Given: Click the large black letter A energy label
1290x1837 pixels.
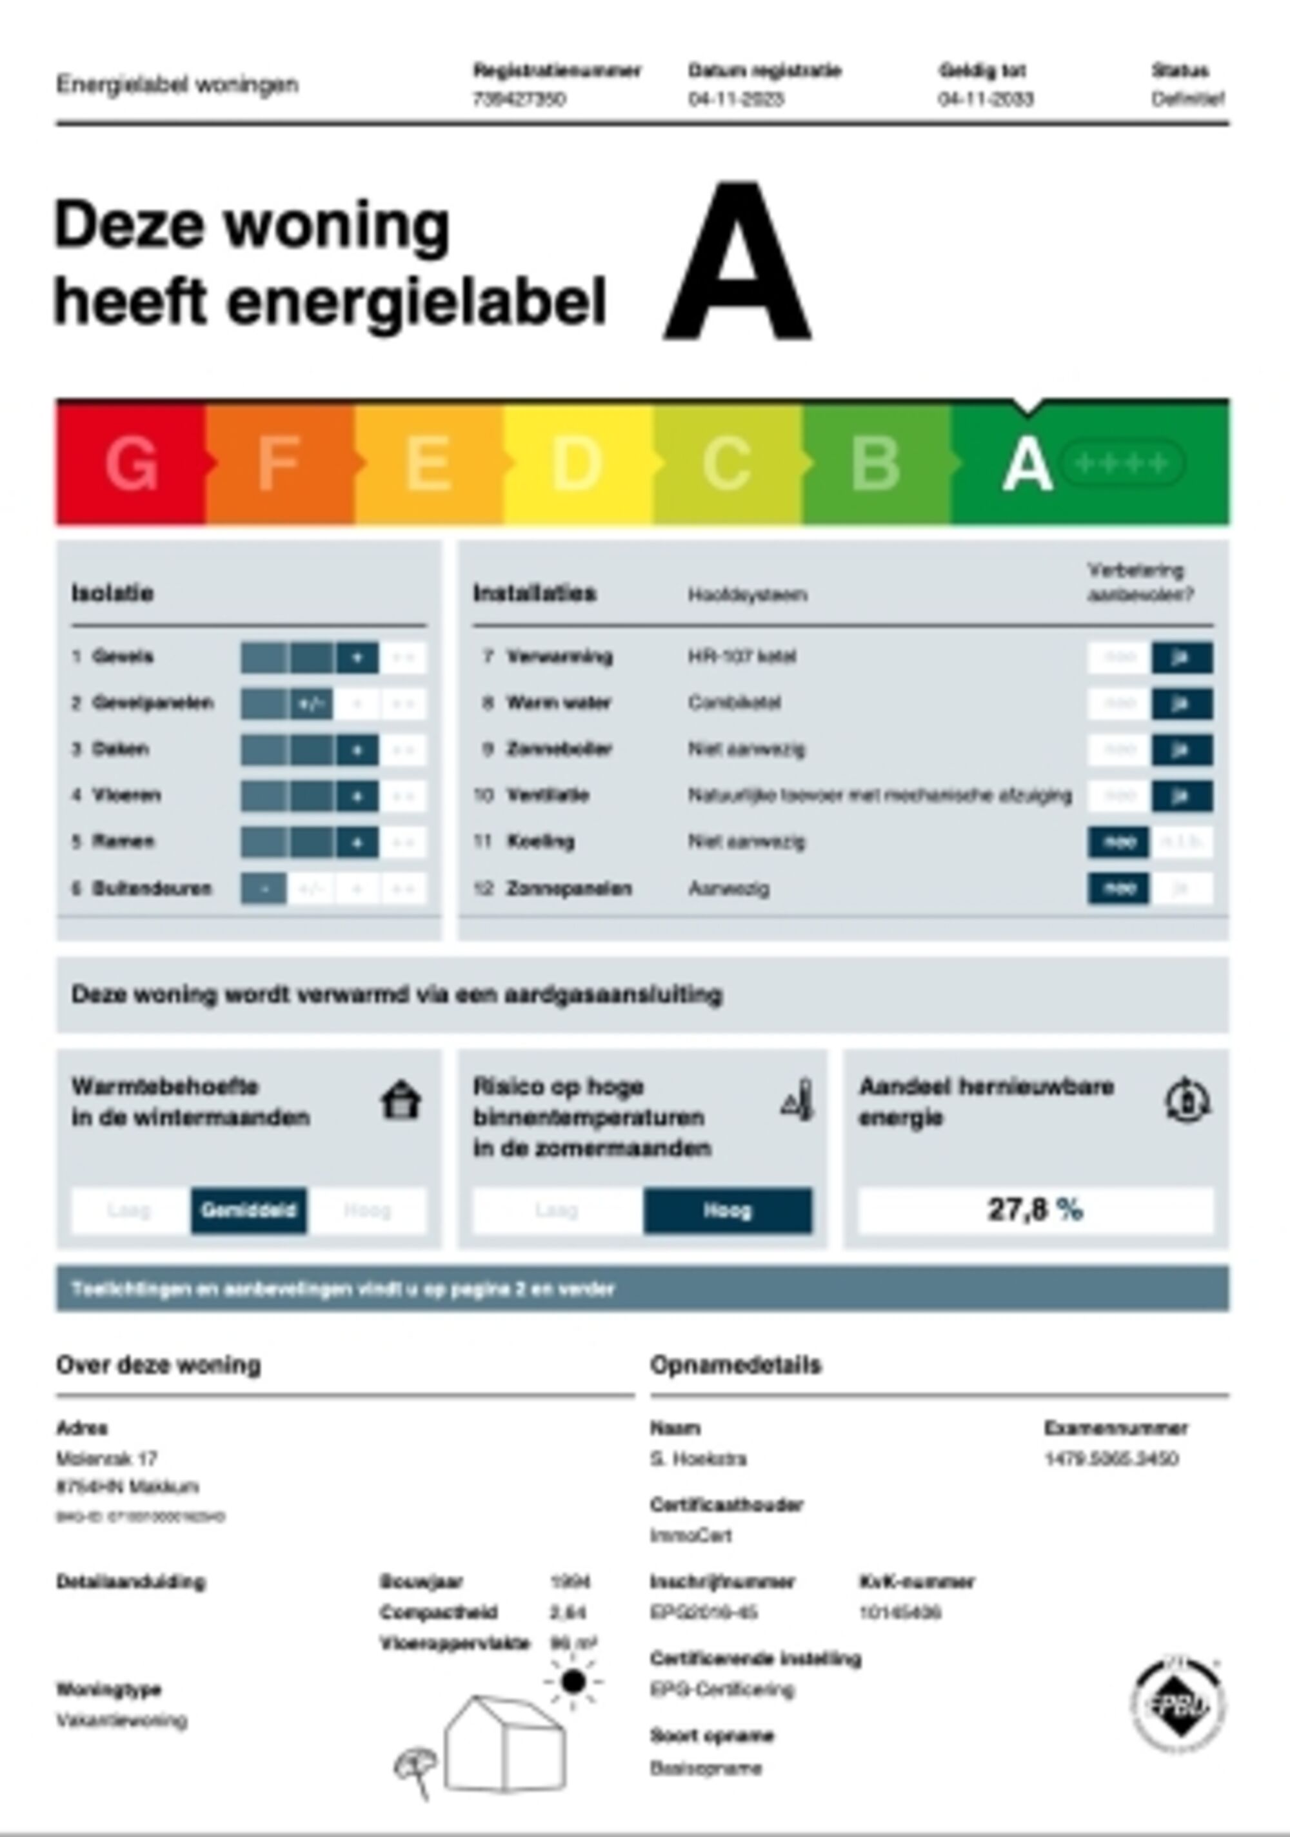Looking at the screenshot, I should (x=737, y=262).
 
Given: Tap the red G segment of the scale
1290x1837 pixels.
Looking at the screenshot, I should (x=130, y=463).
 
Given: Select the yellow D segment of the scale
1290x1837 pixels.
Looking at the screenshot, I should (x=577, y=463).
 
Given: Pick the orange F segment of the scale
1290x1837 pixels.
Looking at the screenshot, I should (x=279, y=463).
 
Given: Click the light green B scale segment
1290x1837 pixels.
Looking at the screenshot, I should (x=875, y=463).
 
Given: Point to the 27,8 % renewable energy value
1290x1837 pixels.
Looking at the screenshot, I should (x=1035, y=1209).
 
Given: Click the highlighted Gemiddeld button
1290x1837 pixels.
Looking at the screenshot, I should (x=248, y=1210).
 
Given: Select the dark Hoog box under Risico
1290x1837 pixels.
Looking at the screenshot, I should (x=727, y=1210).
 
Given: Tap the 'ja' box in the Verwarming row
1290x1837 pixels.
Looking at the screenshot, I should (x=1181, y=658).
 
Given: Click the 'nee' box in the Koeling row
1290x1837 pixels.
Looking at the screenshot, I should (x=1117, y=841).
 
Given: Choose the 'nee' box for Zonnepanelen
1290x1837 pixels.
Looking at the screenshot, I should (x=1117, y=888).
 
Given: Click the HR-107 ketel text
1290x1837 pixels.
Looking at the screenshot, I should (x=742, y=657).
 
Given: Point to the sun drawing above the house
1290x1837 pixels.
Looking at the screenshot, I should (x=573, y=1681).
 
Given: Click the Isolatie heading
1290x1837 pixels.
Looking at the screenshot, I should (x=112, y=593).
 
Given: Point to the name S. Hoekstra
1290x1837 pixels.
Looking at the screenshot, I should (x=698, y=1459).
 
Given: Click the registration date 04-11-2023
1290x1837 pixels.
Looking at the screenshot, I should (x=735, y=99).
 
